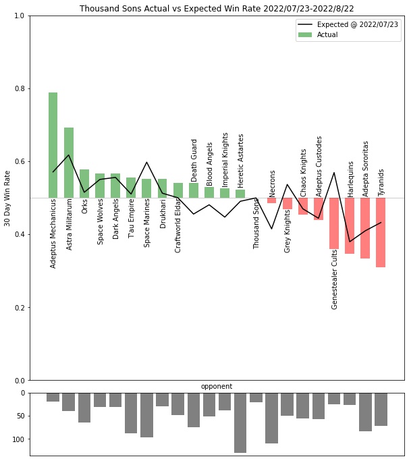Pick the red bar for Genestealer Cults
(x=334, y=223)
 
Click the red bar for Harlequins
(x=350, y=225)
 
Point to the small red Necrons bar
(x=271, y=200)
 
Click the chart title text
(x=217, y=9)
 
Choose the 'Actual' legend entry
(x=327, y=35)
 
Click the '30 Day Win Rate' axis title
(x=7, y=198)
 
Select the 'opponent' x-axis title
(x=217, y=387)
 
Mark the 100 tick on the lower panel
(x=18, y=439)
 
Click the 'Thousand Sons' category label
(x=256, y=225)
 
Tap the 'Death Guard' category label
(x=194, y=160)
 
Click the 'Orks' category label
(x=84, y=206)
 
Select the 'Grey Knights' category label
(x=288, y=231)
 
